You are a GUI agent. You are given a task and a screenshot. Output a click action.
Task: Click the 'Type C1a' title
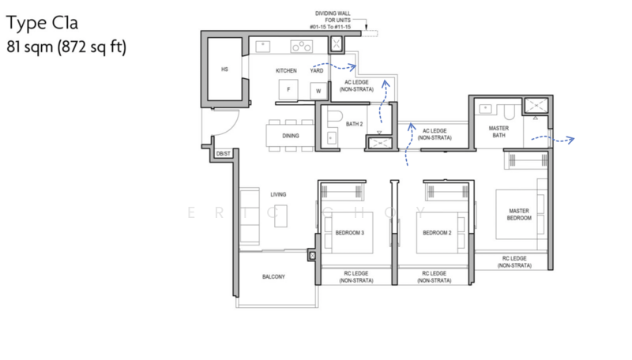coord(42,23)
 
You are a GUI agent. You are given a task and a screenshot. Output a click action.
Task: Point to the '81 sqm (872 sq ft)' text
coord(66,47)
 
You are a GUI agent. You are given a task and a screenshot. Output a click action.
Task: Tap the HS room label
coord(224,69)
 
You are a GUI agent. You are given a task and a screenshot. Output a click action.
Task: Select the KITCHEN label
coord(286,70)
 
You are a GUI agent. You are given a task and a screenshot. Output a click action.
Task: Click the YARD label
coord(317,70)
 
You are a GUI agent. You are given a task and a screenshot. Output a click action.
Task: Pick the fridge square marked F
coord(288,89)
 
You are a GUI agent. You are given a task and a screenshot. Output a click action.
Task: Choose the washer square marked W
coord(318,91)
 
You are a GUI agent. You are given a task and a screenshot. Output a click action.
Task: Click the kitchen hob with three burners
coord(302,47)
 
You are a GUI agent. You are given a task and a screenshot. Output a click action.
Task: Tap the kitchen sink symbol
coord(263,47)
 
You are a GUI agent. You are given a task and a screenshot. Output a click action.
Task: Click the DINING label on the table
coord(291,136)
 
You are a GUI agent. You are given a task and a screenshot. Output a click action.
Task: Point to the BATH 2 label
coord(354,124)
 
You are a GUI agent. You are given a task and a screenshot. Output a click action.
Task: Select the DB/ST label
coord(224,154)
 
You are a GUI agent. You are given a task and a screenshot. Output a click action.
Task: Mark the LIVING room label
coord(278,194)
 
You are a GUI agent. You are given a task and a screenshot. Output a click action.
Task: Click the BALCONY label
coord(273,276)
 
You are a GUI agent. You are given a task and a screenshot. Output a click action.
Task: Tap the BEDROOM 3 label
coord(350,233)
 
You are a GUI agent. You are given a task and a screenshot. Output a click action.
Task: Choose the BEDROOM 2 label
coord(437,233)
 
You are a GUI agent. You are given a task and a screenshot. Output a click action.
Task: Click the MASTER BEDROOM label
coord(519,214)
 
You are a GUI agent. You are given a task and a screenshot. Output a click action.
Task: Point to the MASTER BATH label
coord(498,132)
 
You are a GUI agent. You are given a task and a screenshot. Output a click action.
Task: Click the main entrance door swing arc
coord(231,127)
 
